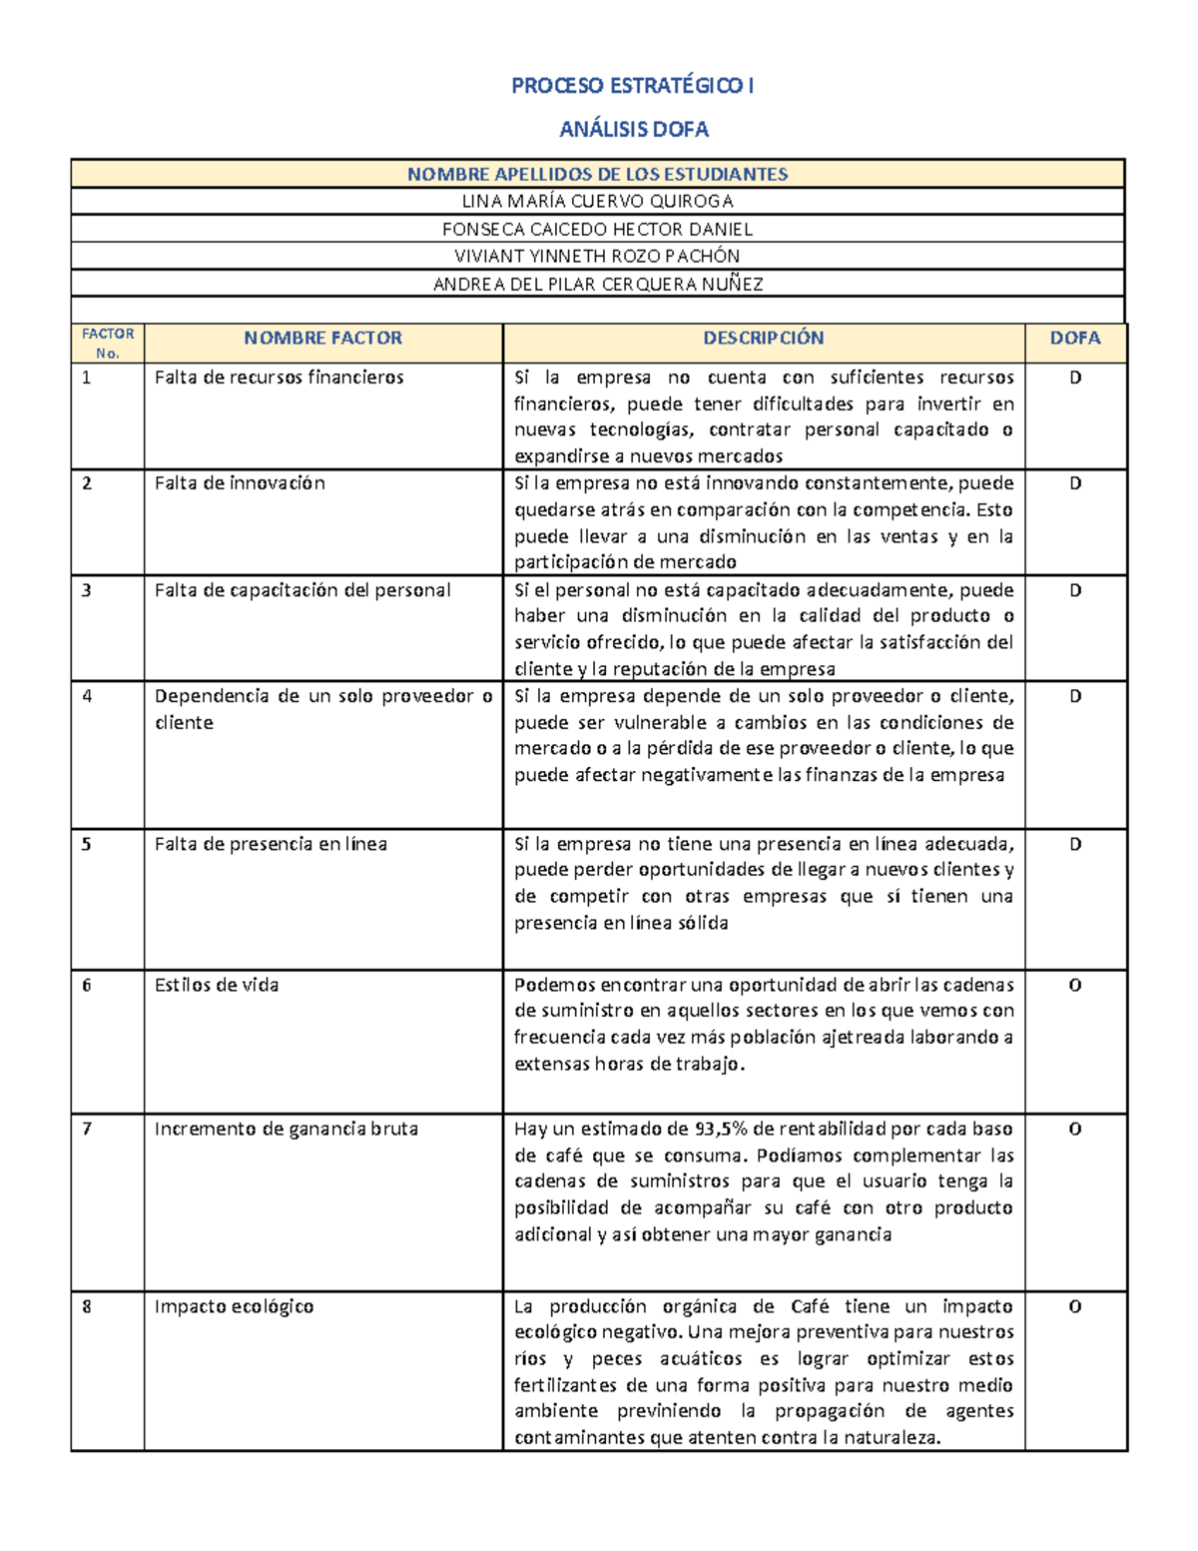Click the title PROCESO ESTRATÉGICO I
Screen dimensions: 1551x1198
[632, 86]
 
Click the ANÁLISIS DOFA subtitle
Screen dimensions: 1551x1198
[634, 130]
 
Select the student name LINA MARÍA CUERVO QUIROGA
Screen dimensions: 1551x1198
[597, 202]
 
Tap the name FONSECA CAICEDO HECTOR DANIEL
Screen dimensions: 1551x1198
[597, 230]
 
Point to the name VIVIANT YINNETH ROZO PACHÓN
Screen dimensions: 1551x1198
[597, 257]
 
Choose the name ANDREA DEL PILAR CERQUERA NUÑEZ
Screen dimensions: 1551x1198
[597, 285]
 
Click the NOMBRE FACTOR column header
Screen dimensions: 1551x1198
[322, 339]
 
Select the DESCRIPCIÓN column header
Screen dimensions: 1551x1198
[763, 339]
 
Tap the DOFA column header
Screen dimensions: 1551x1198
[1075, 339]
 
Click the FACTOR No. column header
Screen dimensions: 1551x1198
[108, 344]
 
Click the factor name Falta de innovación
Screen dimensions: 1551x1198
[240, 483]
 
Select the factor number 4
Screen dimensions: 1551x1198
[87, 697]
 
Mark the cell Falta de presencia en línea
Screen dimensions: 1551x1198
[271, 845]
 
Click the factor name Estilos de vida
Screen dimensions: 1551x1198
[217, 986]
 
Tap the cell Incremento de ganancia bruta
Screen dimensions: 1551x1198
[287, 1130]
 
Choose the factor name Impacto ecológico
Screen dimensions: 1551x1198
[234, 1307]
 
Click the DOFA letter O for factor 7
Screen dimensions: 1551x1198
[1075, 1130]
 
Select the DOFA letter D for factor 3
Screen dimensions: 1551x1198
[1075, 590]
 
